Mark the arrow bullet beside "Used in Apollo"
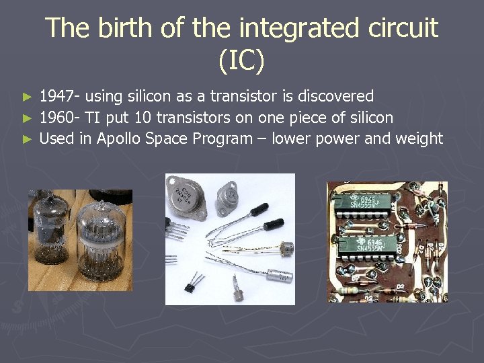(27, 139)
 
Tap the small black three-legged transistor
(196, 282)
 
